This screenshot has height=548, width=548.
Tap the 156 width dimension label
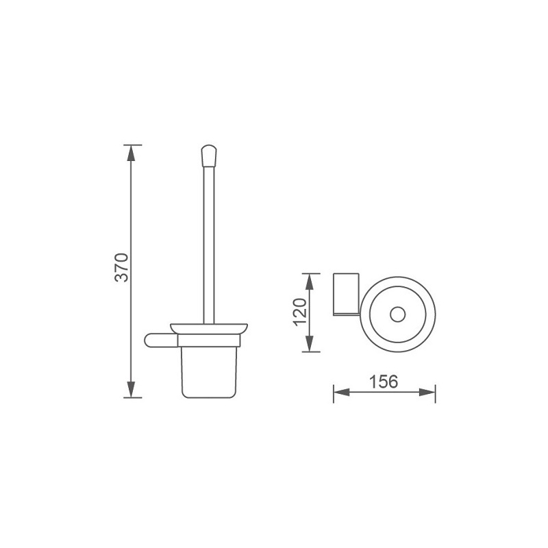[x=383, y=382]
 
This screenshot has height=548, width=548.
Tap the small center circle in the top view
[x=396, y=315]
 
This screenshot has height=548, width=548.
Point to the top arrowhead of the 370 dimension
[x=132, y=153]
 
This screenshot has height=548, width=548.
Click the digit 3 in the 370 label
[x=122, y=278]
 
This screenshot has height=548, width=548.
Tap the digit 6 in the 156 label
[x=393, y=382]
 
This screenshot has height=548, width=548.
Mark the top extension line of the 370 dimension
[x=132, y=145]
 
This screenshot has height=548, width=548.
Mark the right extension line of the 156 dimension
[x=436, y=393]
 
